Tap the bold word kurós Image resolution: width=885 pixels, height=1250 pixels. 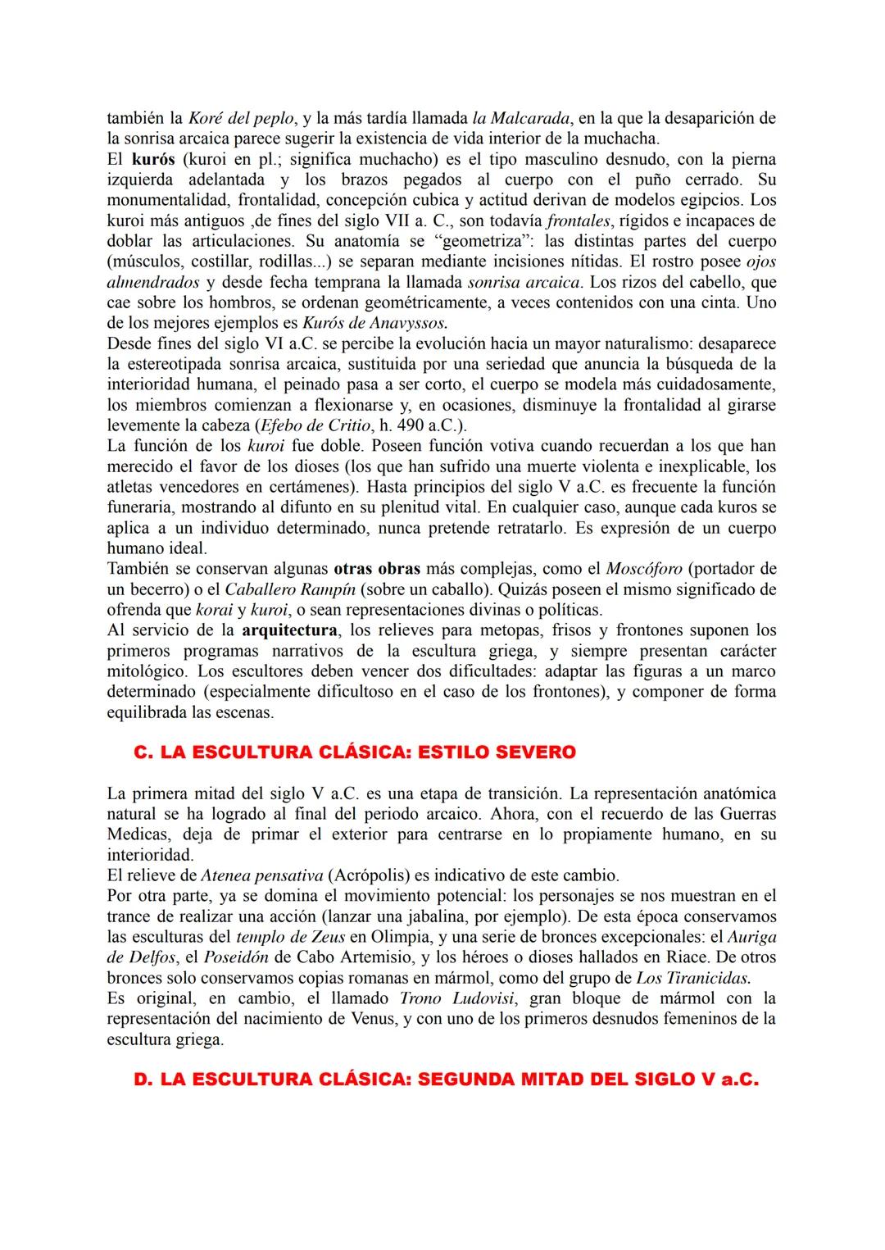coord(153,159)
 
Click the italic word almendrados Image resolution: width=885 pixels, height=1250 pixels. coord(152,282)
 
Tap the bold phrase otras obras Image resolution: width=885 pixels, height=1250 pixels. coord(376,569)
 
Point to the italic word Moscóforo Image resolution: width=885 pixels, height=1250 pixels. coord(643,569)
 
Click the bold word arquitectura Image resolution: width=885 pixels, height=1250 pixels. coord(289,630)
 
